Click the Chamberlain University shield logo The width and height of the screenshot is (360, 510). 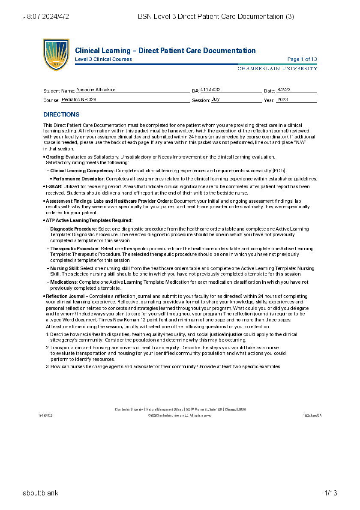pos(56,54)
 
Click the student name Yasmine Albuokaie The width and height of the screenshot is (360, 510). pos(96,90)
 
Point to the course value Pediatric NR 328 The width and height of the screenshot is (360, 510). pos(79,99)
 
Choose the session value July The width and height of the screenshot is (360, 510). pos(216,99)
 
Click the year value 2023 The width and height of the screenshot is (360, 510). pos(282,99)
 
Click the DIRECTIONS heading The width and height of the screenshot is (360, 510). pos(61,114)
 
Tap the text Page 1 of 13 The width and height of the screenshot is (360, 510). pos(302,59)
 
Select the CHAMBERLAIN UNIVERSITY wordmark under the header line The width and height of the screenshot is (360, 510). pos(277,69)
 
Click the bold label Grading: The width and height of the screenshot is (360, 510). pos(55,157)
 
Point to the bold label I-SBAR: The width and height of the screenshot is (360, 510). pos(54,186)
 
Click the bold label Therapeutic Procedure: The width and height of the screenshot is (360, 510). pos(75,249)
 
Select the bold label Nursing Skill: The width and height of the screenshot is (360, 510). pos(65,268)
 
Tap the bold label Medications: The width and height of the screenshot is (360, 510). pos(64,282)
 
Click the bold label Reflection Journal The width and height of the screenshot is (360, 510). pos(66,296)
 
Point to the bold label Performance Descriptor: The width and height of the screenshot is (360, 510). pos(79,179)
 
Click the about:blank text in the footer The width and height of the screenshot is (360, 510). pos(41,493)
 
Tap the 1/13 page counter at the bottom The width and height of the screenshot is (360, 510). pos(330,493)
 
